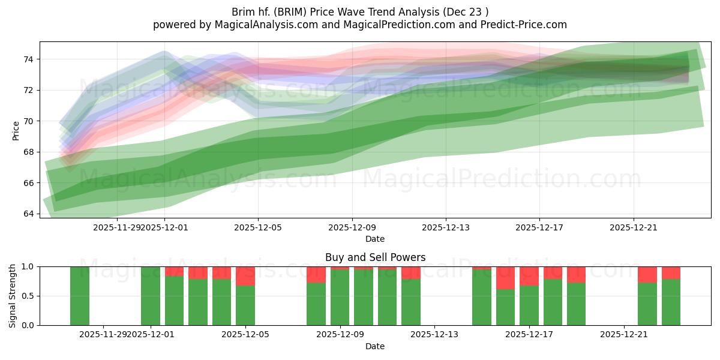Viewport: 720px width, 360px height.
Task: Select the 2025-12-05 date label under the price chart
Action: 258,227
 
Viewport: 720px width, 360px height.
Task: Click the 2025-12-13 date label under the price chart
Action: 446,227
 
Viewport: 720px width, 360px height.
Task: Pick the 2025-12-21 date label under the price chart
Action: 634,227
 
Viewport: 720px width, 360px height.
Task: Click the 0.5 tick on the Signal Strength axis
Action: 28,296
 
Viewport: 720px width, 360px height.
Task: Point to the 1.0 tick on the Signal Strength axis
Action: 28,267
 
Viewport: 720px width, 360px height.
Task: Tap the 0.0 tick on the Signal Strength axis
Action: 28,325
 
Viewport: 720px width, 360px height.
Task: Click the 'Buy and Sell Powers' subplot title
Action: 375,257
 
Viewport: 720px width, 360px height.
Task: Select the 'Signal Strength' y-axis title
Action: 13,296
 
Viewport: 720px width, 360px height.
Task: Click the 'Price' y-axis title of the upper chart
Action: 16,130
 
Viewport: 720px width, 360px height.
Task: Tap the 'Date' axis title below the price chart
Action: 375,239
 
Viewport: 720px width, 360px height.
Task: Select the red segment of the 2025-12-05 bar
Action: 245,276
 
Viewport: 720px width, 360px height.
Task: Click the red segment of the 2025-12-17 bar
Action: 529,276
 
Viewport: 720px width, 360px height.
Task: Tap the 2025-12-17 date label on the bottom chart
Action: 529,335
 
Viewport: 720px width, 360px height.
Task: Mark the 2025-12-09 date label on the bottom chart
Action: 340,335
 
